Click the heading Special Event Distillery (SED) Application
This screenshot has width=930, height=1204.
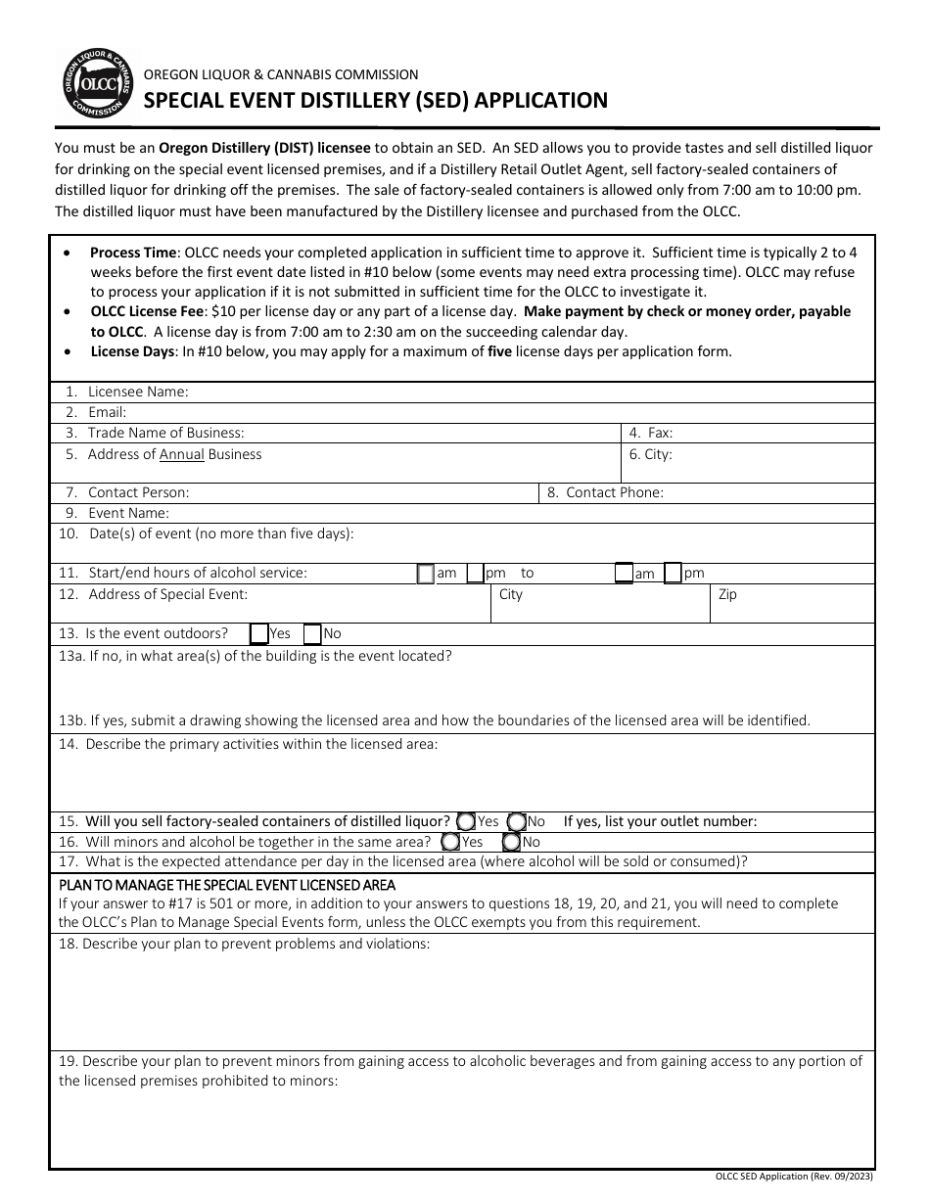[x=376, y=100]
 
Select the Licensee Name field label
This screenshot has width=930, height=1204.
[x=137, y=392]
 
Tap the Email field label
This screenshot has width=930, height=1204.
[x=107, y=412]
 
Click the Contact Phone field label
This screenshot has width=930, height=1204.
[x=614, y=492]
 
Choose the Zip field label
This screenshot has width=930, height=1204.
[x=727, y=594]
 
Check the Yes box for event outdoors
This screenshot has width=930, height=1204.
[x=259, y=633]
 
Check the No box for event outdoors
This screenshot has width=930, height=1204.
[x=312, y=633]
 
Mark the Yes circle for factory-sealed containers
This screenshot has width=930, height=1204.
[x=467, y=821]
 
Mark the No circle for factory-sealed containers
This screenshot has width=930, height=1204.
[x=517, y=821]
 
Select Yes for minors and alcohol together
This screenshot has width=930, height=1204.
[x=451, y=842]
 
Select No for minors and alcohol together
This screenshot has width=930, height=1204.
[x=512, y=842]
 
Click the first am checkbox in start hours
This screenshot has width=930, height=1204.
[x=426, y=574]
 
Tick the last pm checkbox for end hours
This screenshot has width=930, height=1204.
[x=673, y=574]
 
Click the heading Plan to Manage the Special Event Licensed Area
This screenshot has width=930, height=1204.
[x=227, y=885]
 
